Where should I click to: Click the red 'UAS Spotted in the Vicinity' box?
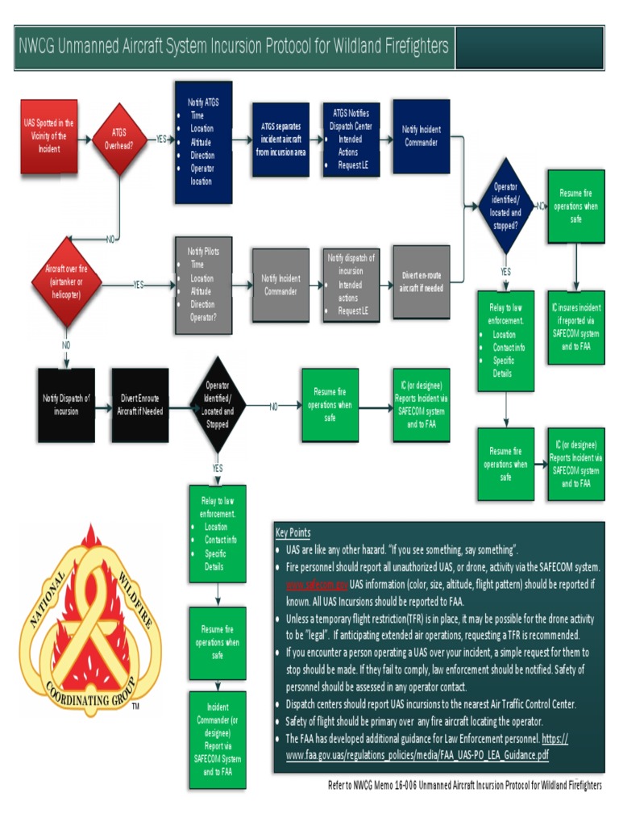(x=49, y=136)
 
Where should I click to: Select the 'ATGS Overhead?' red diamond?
(x=118, y=140)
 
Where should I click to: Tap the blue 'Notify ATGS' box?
(x=203, y=141)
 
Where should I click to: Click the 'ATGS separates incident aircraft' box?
(x=280, y=139)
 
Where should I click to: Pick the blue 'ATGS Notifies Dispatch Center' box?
(x=351, y=140)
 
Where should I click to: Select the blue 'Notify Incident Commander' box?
(x=421, y=136)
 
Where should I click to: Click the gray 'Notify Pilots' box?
(x=203, y=284)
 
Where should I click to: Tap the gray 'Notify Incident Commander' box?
(x=280, y=284)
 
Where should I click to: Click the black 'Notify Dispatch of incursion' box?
(x=66, y=405)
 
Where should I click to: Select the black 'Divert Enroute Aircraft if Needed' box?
(x=140, y=405)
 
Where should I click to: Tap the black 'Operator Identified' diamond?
(x=217, y=405)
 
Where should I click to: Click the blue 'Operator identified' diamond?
(x=505, y=206)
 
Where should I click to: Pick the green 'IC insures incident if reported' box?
(x=575, y=327)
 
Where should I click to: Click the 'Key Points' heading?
(x=293, y=533)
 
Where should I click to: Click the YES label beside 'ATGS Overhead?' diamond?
(x=161, y=139)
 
